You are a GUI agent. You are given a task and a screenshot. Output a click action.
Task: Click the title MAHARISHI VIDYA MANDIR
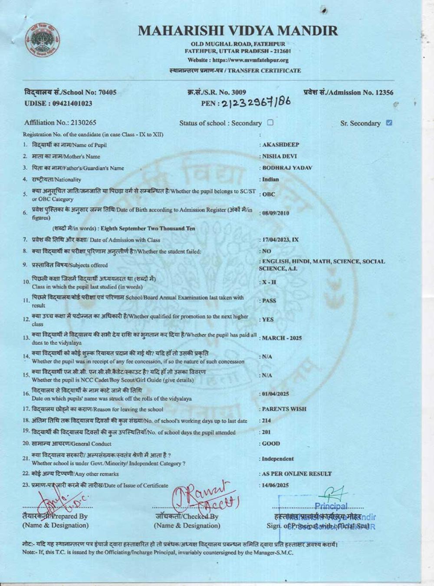pos(237,31)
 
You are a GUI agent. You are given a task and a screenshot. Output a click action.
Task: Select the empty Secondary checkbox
pos(270,122)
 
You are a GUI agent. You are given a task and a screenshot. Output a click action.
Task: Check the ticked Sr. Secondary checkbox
pos(389,122)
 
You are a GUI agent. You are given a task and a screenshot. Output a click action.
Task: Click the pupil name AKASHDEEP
pos(280,145)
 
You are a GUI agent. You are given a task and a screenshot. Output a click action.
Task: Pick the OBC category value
pos(268,194)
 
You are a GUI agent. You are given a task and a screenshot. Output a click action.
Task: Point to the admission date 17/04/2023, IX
pos(279,240)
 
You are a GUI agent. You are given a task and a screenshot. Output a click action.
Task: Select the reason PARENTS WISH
pos(283,409)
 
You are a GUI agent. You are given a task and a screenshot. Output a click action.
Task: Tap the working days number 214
pos(265,421)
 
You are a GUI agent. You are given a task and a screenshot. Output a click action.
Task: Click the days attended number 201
pos(265,432)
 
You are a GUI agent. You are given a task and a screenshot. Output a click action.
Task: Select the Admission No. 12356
pos(349,92)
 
